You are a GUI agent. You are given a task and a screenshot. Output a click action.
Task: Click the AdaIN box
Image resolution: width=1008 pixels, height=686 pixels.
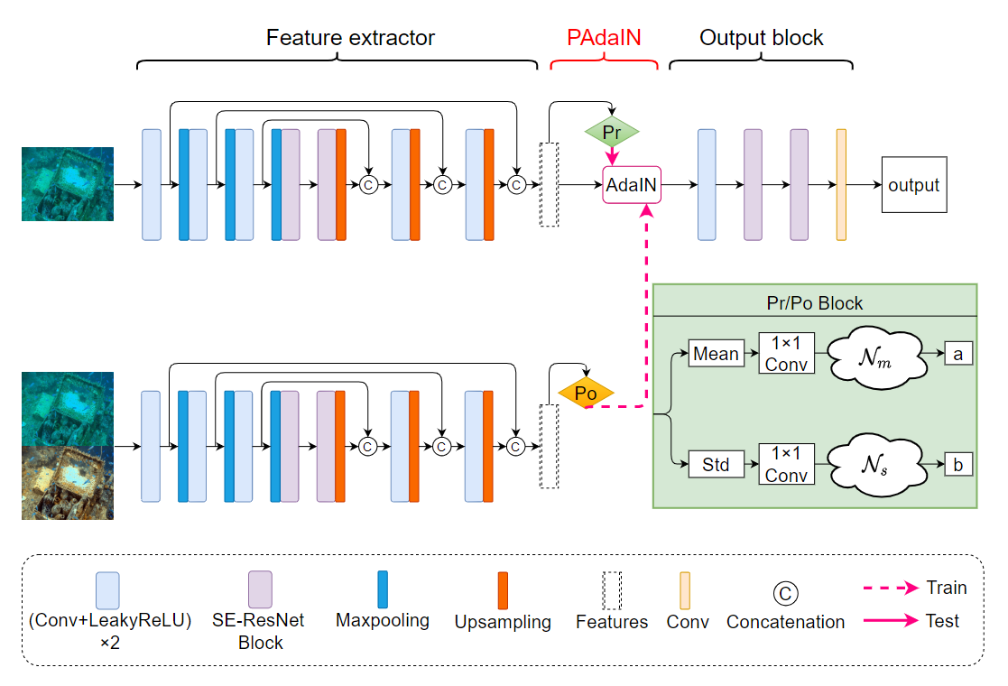coord(632,185)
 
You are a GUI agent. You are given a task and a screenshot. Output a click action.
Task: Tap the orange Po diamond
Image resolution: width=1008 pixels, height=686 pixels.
coord(586,394)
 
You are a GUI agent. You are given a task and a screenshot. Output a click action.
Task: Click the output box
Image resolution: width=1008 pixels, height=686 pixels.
coord(914,185)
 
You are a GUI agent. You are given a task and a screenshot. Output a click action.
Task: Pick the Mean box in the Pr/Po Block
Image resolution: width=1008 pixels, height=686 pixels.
coord(716,354)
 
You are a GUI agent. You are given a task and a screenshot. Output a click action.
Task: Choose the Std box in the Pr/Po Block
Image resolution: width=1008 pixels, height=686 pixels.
coord(716,466)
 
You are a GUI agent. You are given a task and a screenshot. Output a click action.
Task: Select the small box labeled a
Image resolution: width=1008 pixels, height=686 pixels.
coord(958,354)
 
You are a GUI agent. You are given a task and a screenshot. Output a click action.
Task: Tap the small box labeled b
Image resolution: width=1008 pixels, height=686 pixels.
coord(958,466)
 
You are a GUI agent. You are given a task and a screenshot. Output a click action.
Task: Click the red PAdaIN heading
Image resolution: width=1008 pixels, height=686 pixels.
coord(604,38)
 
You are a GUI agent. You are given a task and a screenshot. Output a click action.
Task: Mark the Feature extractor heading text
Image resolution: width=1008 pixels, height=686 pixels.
coord(350,38)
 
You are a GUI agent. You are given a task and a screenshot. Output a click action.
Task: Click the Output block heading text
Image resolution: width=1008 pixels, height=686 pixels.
coord(762,38)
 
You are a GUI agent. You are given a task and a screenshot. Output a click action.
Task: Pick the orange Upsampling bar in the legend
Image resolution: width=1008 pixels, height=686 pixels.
coord(503,590)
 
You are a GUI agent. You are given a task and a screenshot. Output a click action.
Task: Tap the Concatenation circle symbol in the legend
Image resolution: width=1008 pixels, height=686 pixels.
coord(785,593)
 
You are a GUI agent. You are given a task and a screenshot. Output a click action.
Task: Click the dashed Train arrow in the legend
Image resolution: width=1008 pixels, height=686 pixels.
coord(891,589)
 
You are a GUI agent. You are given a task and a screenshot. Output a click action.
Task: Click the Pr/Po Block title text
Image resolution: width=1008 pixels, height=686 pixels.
coord(814,303)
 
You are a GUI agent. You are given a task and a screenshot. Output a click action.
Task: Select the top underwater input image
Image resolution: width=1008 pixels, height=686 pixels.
coord(68,184)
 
